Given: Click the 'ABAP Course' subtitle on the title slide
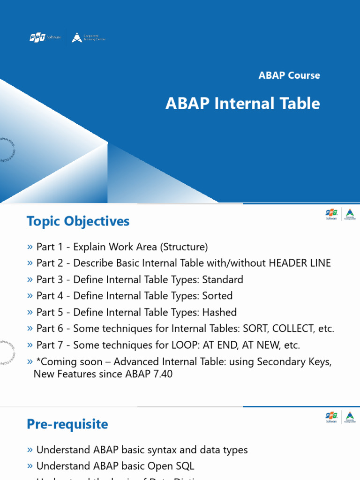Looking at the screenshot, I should coord(289,75).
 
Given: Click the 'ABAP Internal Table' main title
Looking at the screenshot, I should coord(242,104).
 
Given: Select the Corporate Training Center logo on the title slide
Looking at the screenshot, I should coord(88,37).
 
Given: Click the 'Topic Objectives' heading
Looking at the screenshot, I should coord(78,221).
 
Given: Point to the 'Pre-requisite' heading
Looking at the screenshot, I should coord(67,424).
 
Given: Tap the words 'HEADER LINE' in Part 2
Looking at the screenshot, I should coord(300,263).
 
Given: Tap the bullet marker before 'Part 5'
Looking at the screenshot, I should coord(30,312).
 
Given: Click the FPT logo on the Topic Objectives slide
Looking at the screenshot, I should coord(332,214).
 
